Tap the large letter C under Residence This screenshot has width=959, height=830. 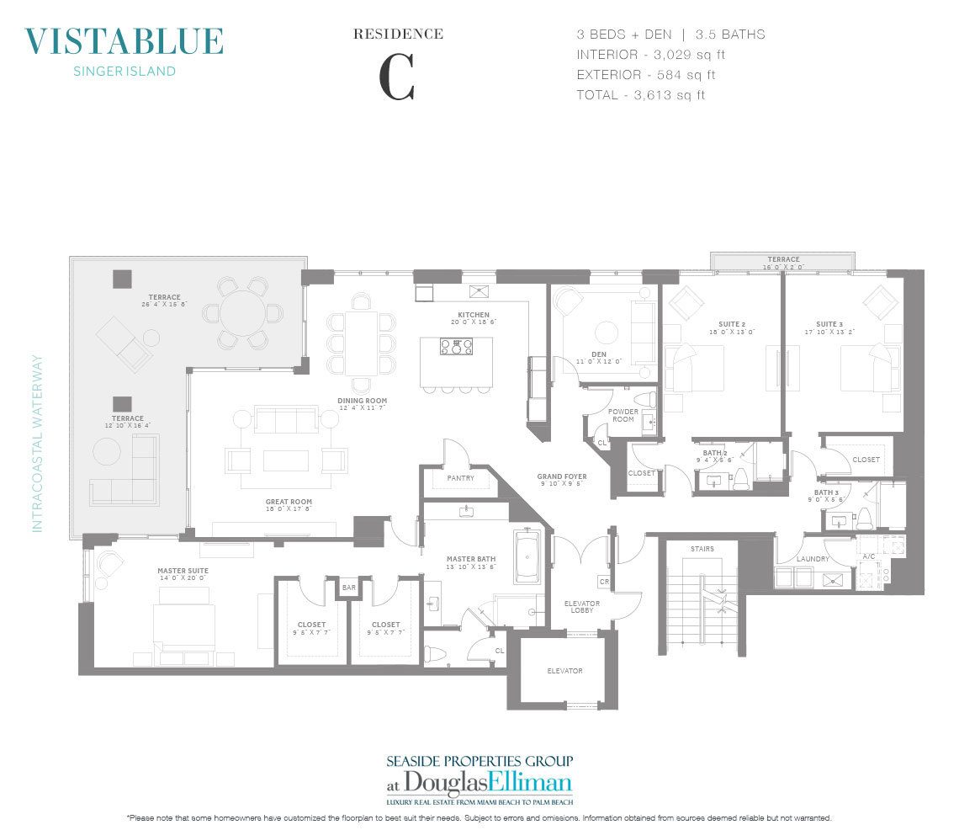pos(397,79)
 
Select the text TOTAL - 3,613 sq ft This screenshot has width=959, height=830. pos(640,95)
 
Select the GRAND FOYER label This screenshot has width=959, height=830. pos(562,477)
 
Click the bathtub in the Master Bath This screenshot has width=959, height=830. pos(527,556)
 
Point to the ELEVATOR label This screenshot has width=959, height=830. pos(564,671)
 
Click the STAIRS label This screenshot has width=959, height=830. pos(702,549)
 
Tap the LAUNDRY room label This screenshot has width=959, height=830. pos(813,559)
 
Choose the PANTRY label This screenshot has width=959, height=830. pos(460,478)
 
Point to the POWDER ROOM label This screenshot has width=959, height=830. pos(623,415)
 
